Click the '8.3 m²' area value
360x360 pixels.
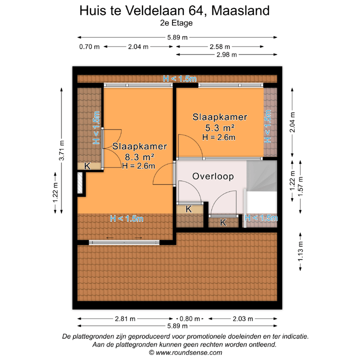(x=139, y=156)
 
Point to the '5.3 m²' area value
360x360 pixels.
(x=219, y=127)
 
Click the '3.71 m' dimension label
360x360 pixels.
(x=62, y=149)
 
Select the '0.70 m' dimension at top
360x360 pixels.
(x=89, y=46)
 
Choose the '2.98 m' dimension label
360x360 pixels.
(x=226, y=55)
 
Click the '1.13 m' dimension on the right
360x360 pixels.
(x=300, y=256)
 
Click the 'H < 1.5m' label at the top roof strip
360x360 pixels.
(x=180, y=78)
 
